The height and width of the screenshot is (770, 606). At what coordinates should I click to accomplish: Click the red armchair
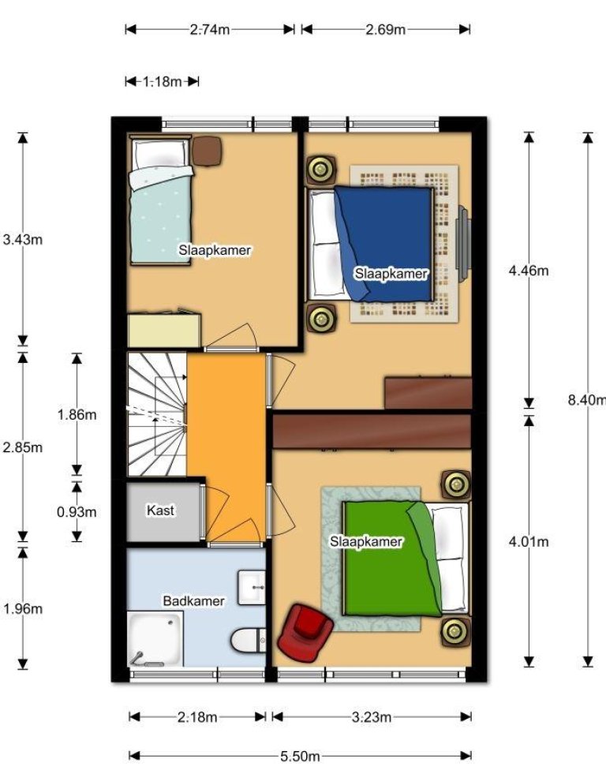click(305, 633)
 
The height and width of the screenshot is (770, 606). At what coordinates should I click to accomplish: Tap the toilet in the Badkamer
click(248, 641)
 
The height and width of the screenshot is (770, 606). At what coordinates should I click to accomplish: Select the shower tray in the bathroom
click(155, 639)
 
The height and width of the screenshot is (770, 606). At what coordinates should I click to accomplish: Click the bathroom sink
click(252, 587)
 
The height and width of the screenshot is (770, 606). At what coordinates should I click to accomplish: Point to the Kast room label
click(161, 510)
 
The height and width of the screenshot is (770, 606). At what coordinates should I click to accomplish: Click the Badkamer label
click(193, 601)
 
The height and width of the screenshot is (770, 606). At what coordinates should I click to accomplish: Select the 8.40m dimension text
click(587, 400)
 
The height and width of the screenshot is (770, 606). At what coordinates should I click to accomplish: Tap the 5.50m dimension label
click(300, 757)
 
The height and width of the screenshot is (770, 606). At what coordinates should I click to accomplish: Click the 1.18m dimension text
click(162, 81)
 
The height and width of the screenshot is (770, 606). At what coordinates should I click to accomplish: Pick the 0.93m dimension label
click(77, 512)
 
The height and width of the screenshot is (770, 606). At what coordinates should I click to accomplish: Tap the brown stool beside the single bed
click(207, 151)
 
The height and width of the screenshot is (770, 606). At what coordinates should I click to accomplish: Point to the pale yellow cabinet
click(164, 329)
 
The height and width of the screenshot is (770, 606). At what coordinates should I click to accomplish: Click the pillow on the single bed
click(161, 155)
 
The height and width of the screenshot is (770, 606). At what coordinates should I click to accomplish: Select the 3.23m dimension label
click(372, 717)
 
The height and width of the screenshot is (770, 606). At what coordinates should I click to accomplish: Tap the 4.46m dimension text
click(529, 271)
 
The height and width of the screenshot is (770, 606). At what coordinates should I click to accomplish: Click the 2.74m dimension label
click(210, 29)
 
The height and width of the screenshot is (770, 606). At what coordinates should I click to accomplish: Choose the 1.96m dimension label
click(23, 609)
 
